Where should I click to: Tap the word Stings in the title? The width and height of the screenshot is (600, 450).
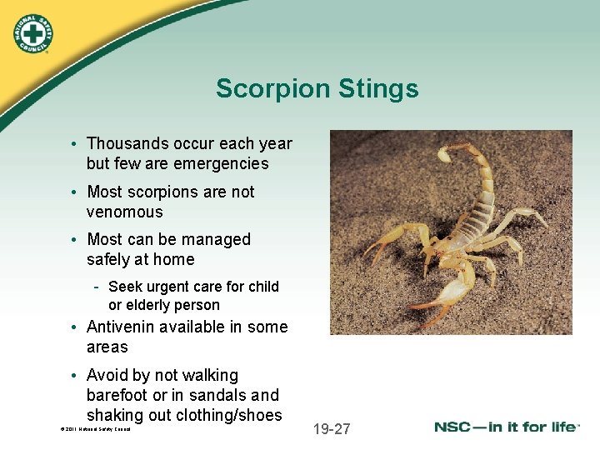379,88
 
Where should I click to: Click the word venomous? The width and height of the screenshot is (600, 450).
125,212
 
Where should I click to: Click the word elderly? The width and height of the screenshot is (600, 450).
151,305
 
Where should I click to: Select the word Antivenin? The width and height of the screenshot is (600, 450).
123,327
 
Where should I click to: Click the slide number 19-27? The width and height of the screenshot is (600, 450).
332,429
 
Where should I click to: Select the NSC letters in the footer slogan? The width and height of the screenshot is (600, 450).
457,427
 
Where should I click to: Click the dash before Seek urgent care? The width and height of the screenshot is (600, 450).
97,287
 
